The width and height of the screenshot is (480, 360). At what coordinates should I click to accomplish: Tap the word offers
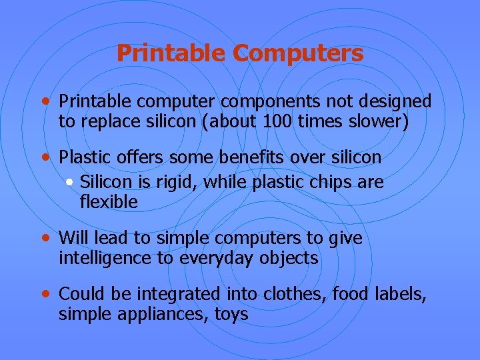pos(139,157)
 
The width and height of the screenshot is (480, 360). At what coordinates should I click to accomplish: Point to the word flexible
pos(109,202)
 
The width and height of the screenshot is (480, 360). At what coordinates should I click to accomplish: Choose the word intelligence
pos(105,258)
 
